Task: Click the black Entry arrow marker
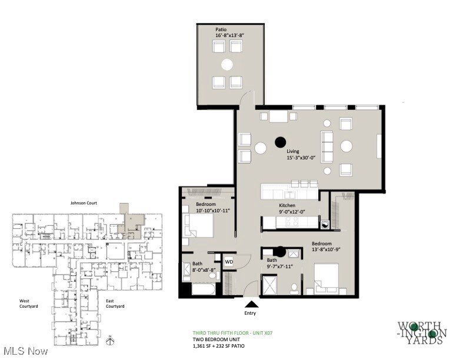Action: (x=251, y=304)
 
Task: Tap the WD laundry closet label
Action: (x=229, y=262)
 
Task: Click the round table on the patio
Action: (x=227, y=64)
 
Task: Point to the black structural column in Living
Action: (x=280, y=142)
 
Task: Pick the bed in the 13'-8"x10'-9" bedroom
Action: (x=327, y=278)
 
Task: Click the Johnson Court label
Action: (x=82, y=203)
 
